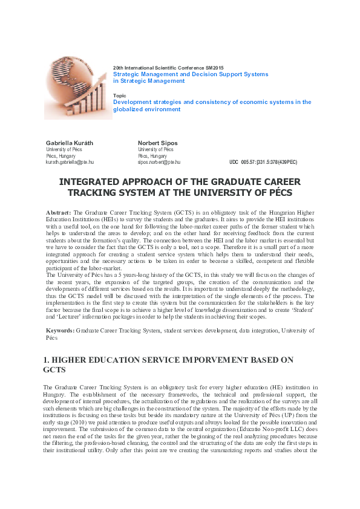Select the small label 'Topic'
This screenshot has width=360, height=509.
[120, 96]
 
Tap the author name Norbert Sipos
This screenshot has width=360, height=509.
[157, 143]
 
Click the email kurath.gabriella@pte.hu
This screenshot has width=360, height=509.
[70, 163]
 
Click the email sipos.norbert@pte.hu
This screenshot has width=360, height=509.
[159, 163]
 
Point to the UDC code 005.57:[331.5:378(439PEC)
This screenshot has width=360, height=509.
[263, 163]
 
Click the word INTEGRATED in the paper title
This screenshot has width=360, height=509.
[89, 182]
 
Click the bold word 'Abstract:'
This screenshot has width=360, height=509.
[59, 213]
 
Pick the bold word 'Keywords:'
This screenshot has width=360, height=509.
[61, 331]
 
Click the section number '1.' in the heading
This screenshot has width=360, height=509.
[47, 360]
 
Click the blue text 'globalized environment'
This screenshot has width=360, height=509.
[147, 109]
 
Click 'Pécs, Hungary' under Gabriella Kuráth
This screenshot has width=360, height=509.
[59, 156]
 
